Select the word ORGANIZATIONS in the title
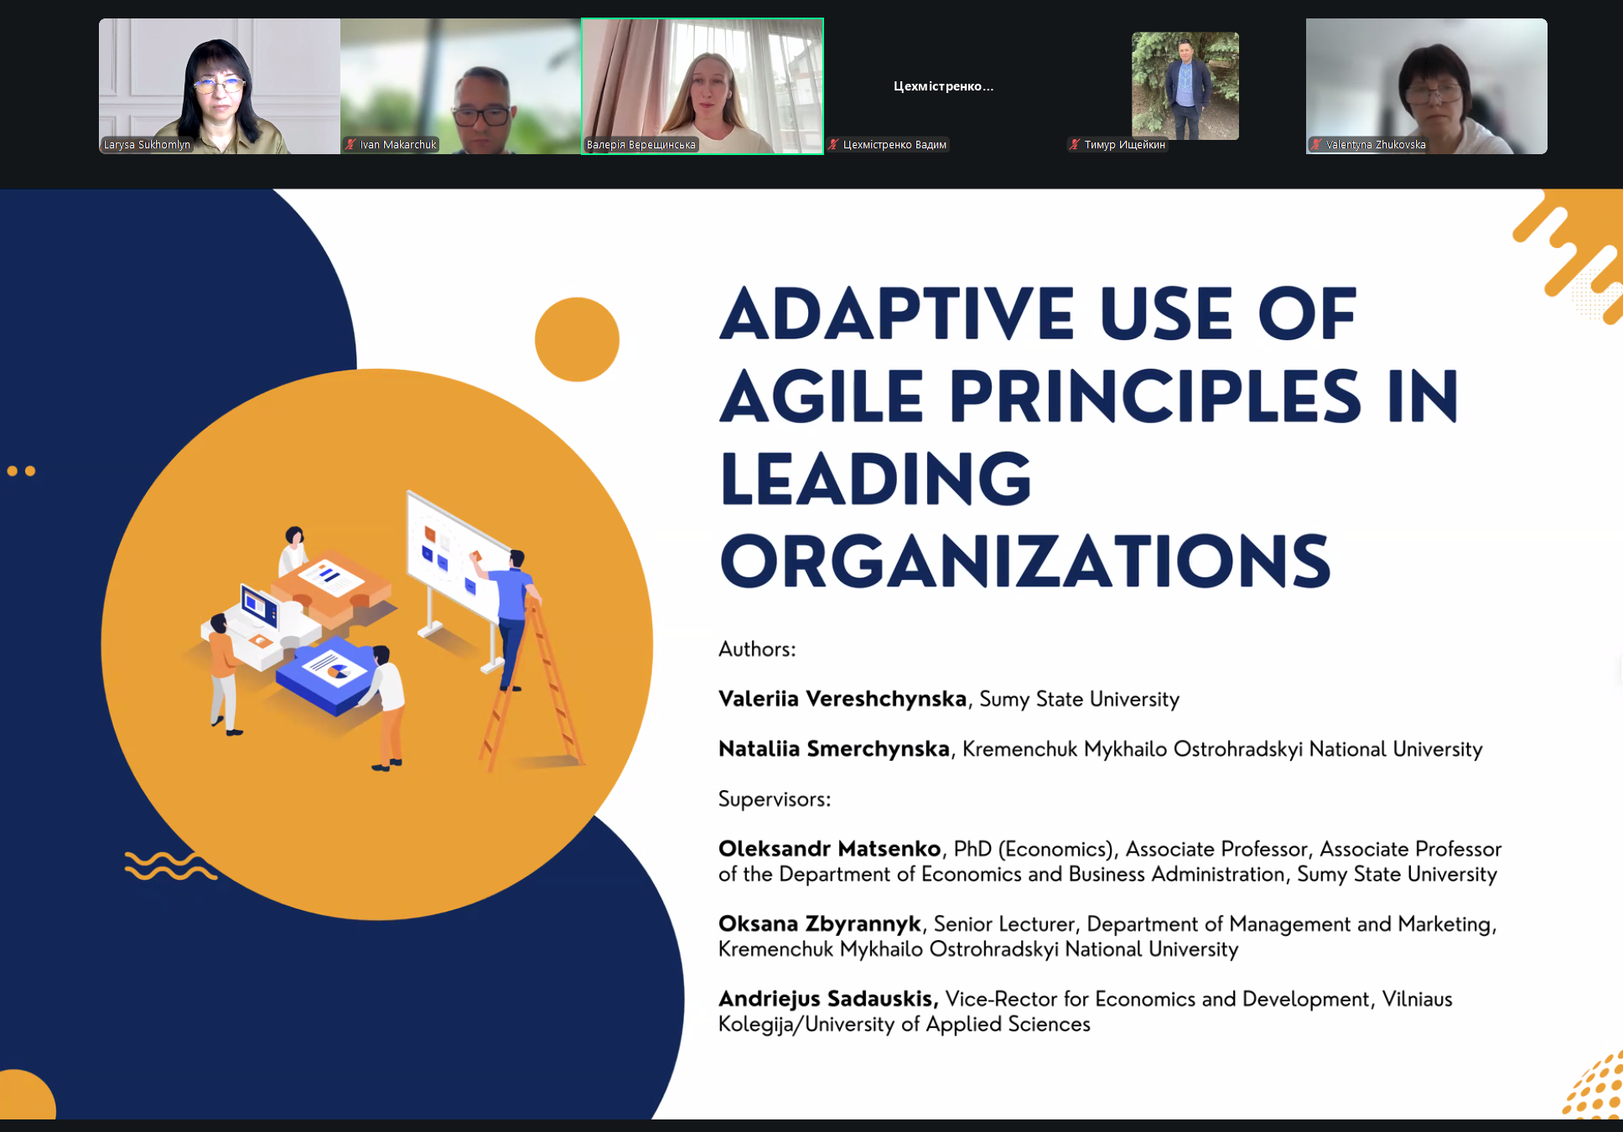click(x=1025, y=561)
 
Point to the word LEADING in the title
click(x=875, y=478)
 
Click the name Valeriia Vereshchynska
click(x=843, y=699)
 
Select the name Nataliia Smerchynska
click(x=834, y=748)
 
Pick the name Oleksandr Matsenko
click(x=830, y=849)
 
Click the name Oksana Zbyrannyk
click(x=820, y=924)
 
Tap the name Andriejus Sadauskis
click(x=828, y=999)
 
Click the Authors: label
click(x=757, y=649)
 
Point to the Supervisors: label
click(x=775, y=799)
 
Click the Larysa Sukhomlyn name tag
click(x=147, y=145)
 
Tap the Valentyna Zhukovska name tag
click(x=1368, y=145)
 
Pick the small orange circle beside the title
click(x=577, y=339)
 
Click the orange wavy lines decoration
click(x=170, y=866)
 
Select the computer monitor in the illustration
click(x=258, y=605)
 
